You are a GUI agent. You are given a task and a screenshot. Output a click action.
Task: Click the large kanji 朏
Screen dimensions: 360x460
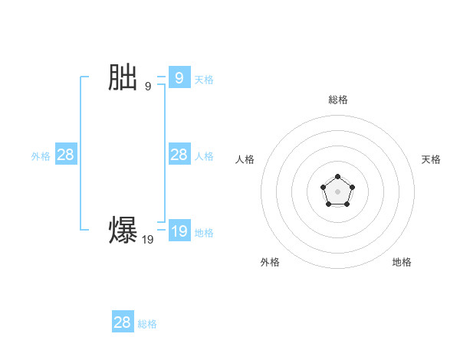(x=123, y=78)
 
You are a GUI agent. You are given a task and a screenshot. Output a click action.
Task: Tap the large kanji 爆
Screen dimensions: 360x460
(x=123, y=231)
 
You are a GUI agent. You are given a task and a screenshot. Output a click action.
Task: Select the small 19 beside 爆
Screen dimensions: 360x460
(x=147, y=240)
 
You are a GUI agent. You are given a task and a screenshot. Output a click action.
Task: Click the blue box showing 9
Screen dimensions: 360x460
(x=179, y=77)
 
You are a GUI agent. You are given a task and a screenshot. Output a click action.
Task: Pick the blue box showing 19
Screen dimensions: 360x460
(x=179, y=231)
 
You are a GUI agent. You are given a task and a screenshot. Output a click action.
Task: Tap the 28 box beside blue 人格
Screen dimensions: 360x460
(x=179, y=155)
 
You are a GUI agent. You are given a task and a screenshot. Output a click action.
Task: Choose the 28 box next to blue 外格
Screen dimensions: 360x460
(x=66, y=155)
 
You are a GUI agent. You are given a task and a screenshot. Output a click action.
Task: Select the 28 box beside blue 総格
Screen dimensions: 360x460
(x=123, y=322)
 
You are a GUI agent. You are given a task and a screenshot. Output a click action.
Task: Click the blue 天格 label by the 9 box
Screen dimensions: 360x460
(x=204, y=79)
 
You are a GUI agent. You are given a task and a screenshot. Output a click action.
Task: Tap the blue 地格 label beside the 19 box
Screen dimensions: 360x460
(x=204, y=232)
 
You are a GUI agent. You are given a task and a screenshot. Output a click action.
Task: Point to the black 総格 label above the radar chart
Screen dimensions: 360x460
(x=338, y=100)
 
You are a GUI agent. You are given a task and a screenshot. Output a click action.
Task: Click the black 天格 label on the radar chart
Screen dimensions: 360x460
(x=431, y=159)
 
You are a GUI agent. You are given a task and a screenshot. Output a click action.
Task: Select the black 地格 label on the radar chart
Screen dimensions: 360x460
(x=402, y=262)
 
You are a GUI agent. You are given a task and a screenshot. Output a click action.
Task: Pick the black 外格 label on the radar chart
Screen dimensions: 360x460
(x=270, y=262)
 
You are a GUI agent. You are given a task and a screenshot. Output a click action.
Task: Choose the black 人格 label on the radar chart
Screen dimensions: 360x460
(x=245, y=159)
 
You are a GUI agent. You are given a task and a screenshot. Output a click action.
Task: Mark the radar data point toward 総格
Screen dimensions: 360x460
(x=338, y=177)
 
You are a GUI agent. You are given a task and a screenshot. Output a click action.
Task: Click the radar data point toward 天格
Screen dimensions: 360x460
(x=352, y=187)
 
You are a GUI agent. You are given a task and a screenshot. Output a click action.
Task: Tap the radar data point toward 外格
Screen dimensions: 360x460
(x=329, y=204)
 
